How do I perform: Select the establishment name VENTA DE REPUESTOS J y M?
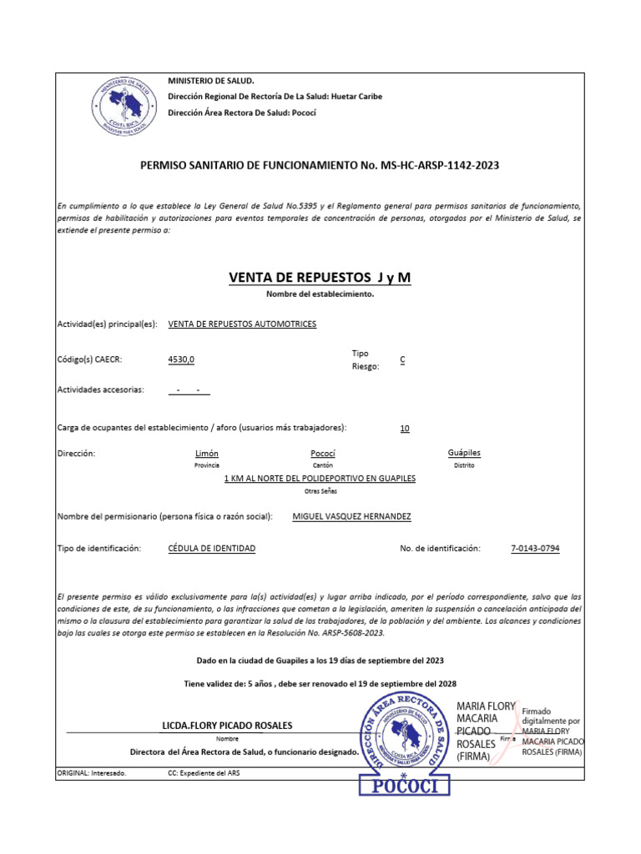pos(320,277)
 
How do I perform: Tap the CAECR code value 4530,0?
pos(181,359)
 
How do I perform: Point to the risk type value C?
pos(402,359)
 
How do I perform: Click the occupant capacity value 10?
pos(405,428)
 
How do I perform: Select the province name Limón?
pos(206,453)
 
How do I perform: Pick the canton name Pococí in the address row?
pos(322,453)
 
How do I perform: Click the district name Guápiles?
pos(464,453)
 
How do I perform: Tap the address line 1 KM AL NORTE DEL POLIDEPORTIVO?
pos(320,479)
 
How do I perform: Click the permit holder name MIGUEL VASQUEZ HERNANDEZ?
pos(351,517)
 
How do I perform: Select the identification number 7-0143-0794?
pos(535,548)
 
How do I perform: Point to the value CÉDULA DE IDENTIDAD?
pos(212,548)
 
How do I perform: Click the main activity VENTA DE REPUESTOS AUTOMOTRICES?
pos(242,324)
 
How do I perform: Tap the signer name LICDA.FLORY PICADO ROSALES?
pos(227,726)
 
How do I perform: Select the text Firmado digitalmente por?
pos(551,716)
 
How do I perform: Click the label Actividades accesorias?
pos(100,389)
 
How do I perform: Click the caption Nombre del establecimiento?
pos(320,294)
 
